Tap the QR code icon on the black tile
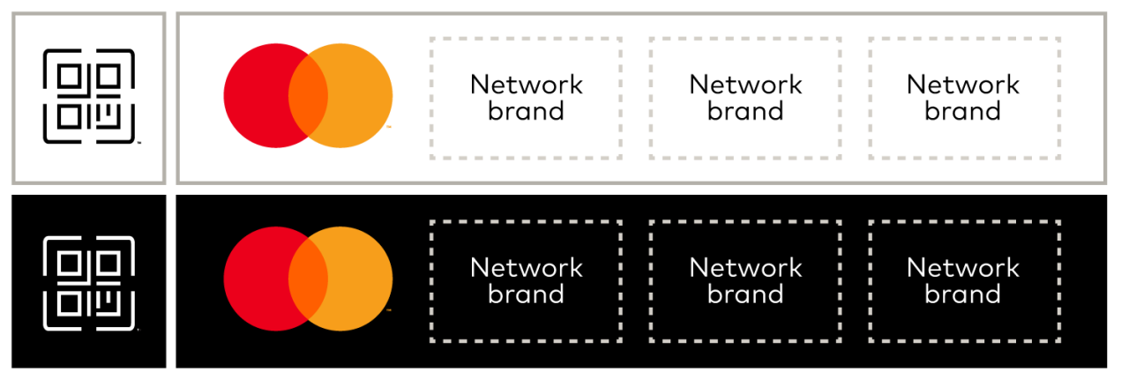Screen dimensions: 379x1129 click(89, 281)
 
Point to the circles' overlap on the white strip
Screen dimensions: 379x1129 click(308, 95)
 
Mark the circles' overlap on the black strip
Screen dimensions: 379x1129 click(308, 278)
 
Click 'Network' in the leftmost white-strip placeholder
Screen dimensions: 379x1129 click(527, 85)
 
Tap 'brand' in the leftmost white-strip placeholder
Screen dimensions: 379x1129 click(527, 111)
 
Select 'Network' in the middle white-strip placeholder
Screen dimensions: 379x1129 click(745, 85)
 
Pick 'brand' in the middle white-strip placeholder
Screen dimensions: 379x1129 click(745, 111)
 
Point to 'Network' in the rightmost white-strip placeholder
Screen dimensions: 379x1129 click(963, 85)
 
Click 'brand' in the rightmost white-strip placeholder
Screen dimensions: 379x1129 click(963, 111)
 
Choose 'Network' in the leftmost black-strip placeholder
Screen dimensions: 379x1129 click(527, 267)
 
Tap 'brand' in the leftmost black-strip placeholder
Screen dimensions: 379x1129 click(527, 294)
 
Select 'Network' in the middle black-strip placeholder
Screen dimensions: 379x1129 click(745, 267)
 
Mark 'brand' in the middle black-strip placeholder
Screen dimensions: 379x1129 click(745, 294)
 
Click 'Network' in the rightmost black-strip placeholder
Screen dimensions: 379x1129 click(963, 267)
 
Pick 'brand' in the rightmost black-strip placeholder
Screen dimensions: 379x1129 click(963, 294)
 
